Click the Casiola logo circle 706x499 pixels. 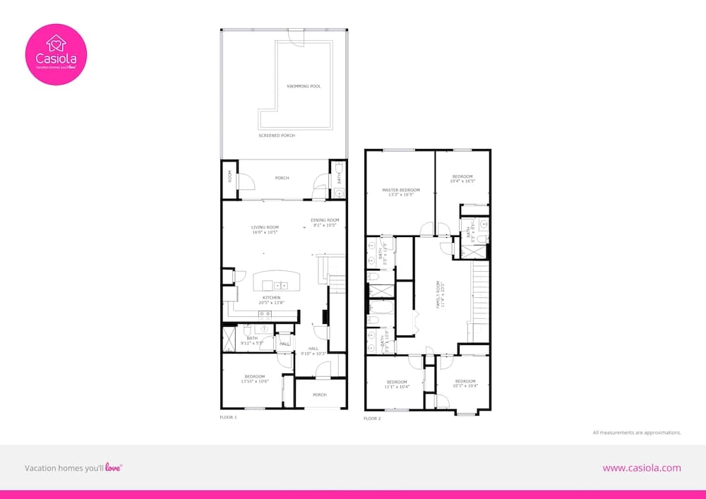point(56,54)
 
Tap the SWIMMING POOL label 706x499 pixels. point(304,86)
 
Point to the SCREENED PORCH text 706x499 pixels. point(277,136)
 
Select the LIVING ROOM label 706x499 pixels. point(265,227)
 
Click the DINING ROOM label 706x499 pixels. point(325,220)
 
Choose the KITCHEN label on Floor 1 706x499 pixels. point(272,298)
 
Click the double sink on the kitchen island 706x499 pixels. point(280,286)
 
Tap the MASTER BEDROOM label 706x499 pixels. point(401,190)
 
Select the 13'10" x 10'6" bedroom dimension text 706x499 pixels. point(254,381)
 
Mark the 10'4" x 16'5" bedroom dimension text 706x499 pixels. point(462,181)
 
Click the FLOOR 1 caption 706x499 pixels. point(228,418)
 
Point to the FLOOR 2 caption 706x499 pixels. point(372,419)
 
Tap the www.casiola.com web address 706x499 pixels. point(642,467)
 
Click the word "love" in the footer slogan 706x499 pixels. point(113,467)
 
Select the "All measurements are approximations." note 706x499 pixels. point(637,432)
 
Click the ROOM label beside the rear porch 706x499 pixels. point(229,176)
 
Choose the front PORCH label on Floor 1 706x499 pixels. point(319,395)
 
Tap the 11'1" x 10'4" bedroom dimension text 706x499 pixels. point(397,386)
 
